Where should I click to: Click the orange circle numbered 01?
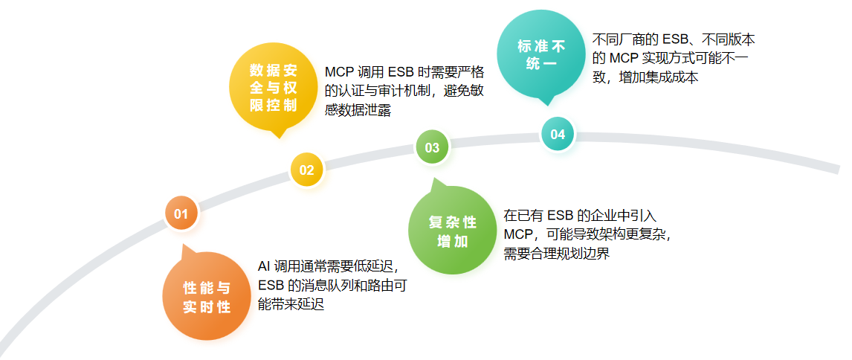(181, 214)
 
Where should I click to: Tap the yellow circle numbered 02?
(306, 170)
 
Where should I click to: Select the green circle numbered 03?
(432, 147)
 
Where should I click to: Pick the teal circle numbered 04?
(558, 134)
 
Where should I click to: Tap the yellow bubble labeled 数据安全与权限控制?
(273, 88)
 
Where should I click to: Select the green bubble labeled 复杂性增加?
(452, 231)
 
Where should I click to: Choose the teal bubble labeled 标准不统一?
(540, 54)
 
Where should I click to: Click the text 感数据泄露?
(358, 110)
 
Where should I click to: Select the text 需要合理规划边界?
(557, 254)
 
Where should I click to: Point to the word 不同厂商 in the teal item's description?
(619, 39)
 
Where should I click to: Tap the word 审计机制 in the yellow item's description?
(422, 91)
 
